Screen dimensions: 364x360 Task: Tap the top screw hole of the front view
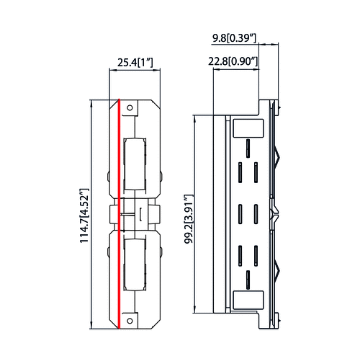click(130, 108)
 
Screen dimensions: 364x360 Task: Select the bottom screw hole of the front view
click(130, 319)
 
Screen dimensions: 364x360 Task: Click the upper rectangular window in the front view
click(135, 162)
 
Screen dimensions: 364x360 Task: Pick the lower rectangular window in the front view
click(135, 266)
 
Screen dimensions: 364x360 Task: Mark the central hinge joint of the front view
click(137, 214)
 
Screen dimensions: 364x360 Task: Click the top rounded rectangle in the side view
click(247, 128)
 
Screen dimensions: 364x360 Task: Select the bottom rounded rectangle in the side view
click(247, 298)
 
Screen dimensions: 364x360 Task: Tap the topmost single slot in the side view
click(247, 148)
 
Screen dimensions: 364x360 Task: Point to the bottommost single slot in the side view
click(247, 278)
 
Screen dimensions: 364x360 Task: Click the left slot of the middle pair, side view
click(239, 214)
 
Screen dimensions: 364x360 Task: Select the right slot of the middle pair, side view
click(256, 214)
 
